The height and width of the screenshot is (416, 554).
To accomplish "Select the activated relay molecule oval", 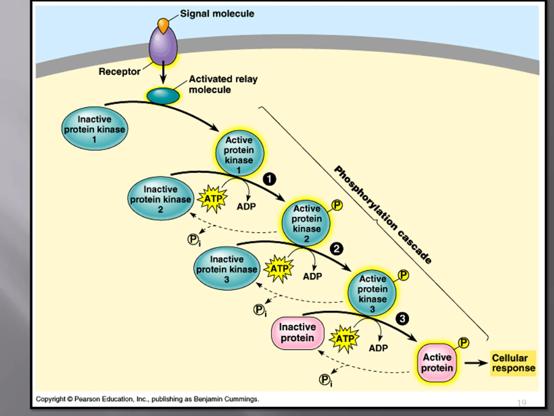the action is pos(163,96).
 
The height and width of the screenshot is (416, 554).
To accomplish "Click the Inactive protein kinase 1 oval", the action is pos(94,129).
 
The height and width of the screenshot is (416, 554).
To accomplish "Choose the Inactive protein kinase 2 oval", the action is pos(161,199).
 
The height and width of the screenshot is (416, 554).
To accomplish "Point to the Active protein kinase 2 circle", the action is pos(306,223).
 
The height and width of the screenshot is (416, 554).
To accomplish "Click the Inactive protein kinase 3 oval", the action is pos(227,268).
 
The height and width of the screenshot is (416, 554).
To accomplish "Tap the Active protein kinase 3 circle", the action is pos(372,293).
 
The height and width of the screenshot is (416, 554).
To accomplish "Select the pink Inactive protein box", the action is pos(298,333).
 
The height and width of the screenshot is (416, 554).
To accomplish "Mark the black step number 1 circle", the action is pos(269,179).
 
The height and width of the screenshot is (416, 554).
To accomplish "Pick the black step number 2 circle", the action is pos(336,249).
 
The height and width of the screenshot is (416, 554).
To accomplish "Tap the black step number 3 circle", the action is pos(402,319).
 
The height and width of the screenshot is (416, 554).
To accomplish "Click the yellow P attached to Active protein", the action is pos(464,343).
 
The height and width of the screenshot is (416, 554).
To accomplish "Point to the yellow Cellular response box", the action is pos(513,363).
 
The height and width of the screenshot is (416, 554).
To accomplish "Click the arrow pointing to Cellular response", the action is pos(476,363).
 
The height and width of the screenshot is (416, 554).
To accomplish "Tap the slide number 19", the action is pos(522,403).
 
